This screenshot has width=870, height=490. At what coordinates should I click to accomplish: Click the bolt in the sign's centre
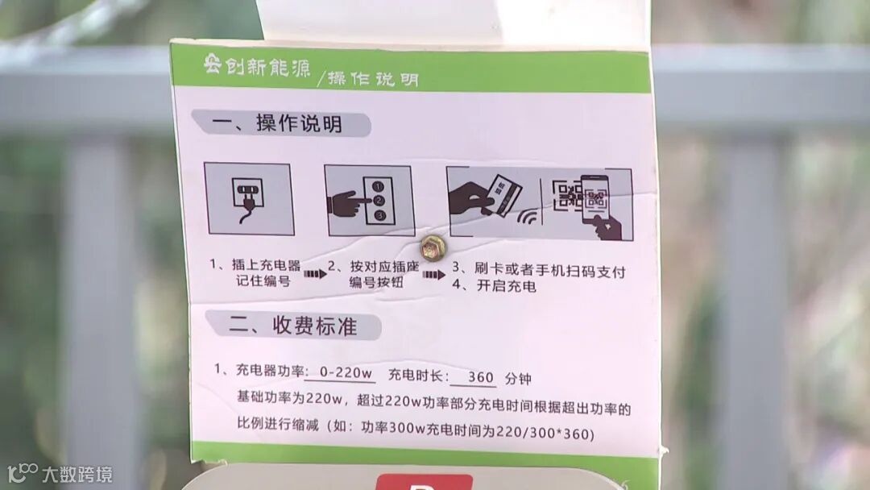(x=433, y=248)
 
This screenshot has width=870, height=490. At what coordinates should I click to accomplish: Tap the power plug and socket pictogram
(x=249, y=199)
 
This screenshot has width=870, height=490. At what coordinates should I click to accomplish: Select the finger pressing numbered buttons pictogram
(x=370, y=201)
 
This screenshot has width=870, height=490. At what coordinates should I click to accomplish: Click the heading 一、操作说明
(x=277, y=123)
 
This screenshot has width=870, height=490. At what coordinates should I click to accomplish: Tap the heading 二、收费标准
(x=293, y=326)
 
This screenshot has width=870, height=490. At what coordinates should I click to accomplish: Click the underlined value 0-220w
(x=346, y=373)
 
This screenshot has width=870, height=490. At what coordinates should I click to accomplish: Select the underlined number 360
(x=480, y=377)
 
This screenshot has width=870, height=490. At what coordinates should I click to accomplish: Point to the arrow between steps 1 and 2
(x=315, y=274)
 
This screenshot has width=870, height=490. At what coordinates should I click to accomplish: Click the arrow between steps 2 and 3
(x=433, y=275)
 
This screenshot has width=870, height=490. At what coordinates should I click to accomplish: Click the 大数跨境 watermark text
(x=77, y=475)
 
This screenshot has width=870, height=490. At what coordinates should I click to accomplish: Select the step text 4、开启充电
(x=494, y=286)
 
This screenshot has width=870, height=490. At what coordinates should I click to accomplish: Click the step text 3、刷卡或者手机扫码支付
(x=539, y=270)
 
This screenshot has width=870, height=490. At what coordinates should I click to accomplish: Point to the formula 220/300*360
(x=545, y=432)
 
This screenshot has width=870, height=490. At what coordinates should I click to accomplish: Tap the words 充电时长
(x=415, y=375)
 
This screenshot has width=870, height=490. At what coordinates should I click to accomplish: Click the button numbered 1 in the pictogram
(x=379, y=187)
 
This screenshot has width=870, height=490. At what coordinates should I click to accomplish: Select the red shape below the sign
(x=424, y=482)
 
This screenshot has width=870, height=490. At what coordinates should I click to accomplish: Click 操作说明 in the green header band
(x=373, y=79)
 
